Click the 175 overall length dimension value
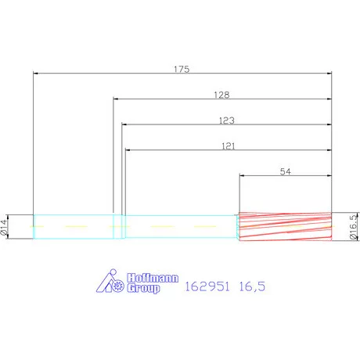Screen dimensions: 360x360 click(182, 69)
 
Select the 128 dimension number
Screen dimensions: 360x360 click(221, 95)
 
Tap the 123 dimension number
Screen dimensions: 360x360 click(227, 121)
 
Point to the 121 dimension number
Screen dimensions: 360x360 click(229, 146)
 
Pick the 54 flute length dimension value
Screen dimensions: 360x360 click(285, 171)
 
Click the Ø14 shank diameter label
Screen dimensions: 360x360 click(4, 227)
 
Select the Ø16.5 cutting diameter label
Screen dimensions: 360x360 click(353, 227)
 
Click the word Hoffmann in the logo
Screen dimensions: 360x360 click(153, 278)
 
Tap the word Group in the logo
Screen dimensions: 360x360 click(143, 288)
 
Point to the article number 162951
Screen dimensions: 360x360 click(207, 286)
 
